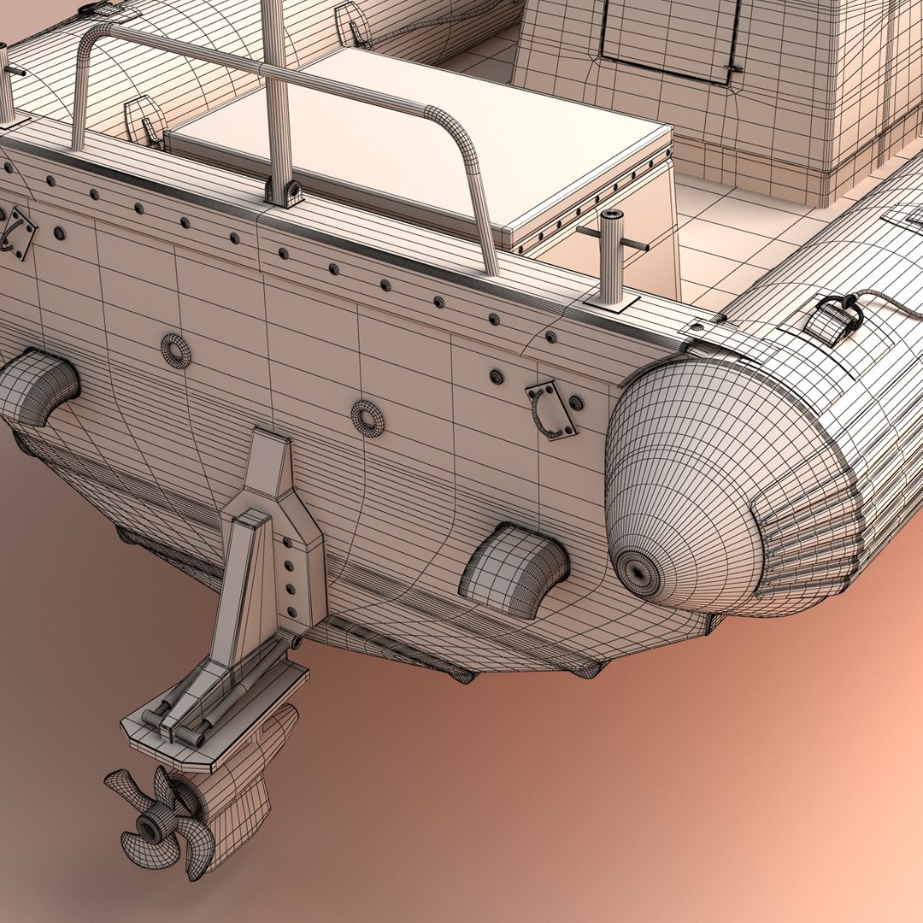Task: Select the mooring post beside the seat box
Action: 611,256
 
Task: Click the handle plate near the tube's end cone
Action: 552,410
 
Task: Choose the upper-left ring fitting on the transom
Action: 176,350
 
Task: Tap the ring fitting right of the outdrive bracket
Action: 367,418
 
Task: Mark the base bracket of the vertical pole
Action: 285,192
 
